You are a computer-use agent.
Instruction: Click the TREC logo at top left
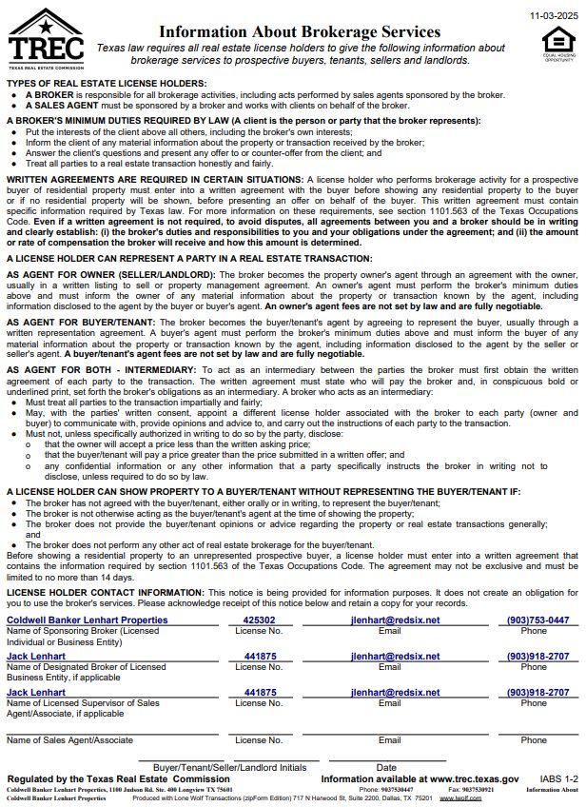45,38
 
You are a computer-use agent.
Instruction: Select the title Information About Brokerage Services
300,32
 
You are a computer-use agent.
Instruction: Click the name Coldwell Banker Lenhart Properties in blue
87,620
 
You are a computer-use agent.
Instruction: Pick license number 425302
260,620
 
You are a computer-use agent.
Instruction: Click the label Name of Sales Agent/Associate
69,739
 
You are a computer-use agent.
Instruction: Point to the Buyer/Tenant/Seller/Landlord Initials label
229,766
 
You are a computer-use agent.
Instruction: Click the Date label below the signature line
386,766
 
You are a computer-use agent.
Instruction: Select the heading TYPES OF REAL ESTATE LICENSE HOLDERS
106,84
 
